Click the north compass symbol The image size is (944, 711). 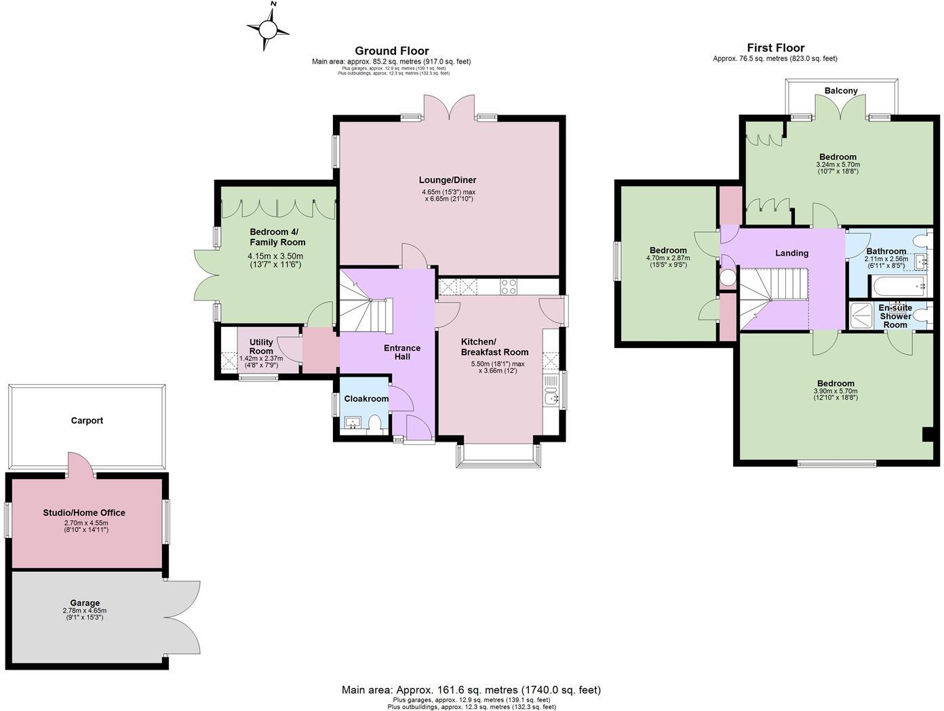coord(269,28)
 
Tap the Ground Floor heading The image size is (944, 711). coord(391,51)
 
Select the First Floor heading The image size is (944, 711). coord(775,47)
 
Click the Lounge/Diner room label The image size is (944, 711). coord(447,180)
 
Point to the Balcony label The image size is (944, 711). coord(841,90)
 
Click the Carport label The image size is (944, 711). coord(87,421)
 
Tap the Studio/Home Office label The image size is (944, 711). coord(84,513)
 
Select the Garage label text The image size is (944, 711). coord(85,602)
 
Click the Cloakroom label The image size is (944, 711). coord(366,398)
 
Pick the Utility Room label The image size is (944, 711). coord(261,347)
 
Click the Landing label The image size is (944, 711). coord(791,253)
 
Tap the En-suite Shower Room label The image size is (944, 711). coord(895,316)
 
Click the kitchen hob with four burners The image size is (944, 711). coord(508,287)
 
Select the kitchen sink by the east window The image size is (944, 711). coord(551,392)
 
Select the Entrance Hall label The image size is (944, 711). coord(402,352)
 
